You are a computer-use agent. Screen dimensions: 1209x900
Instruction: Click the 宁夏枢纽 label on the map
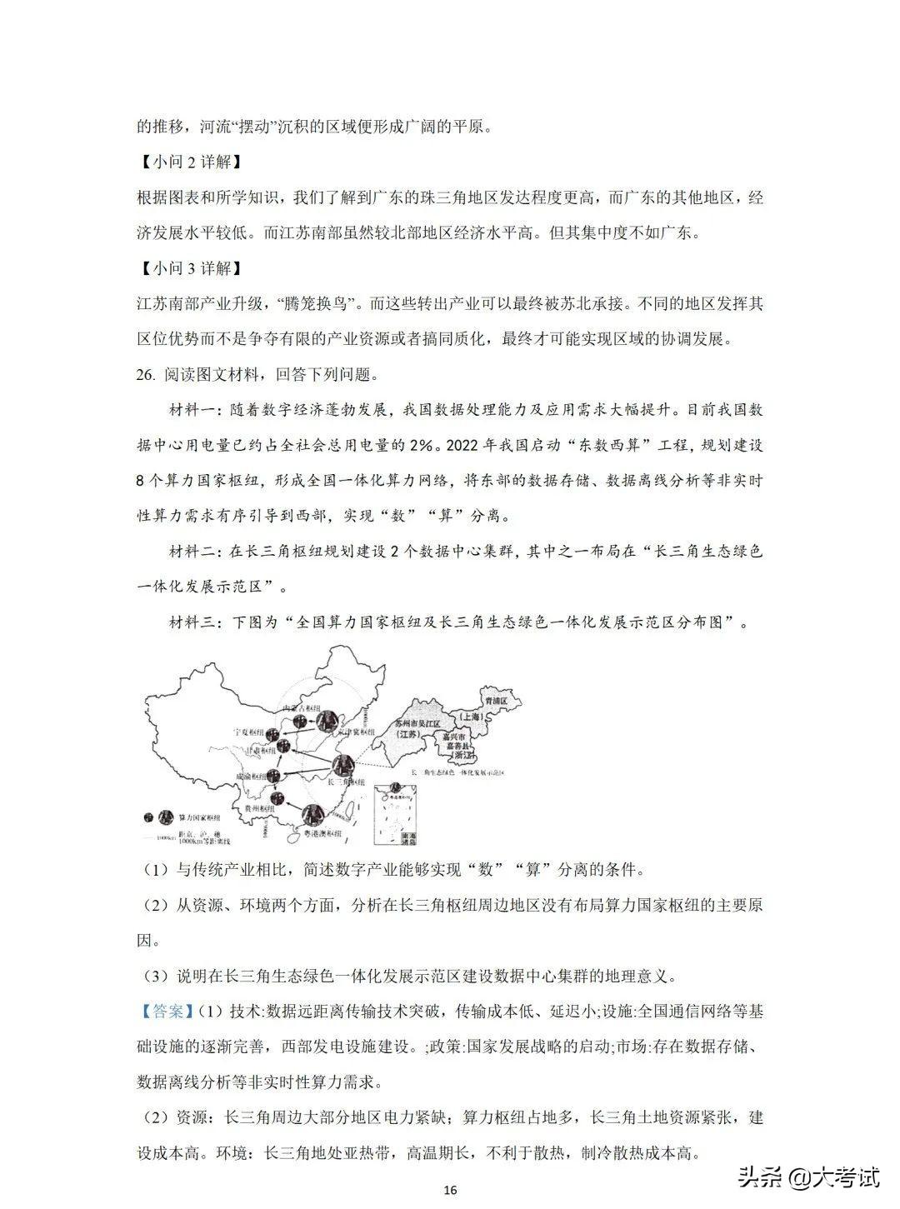click(x=247, y=731)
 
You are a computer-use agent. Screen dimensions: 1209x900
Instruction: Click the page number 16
click(x=451, y=1190)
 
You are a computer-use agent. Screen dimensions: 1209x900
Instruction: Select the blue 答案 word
click(x=167, y=1011)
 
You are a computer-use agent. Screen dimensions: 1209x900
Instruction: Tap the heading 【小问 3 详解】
click(x=189, y=268)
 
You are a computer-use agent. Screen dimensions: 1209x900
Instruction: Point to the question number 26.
click(x=146, y=375)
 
